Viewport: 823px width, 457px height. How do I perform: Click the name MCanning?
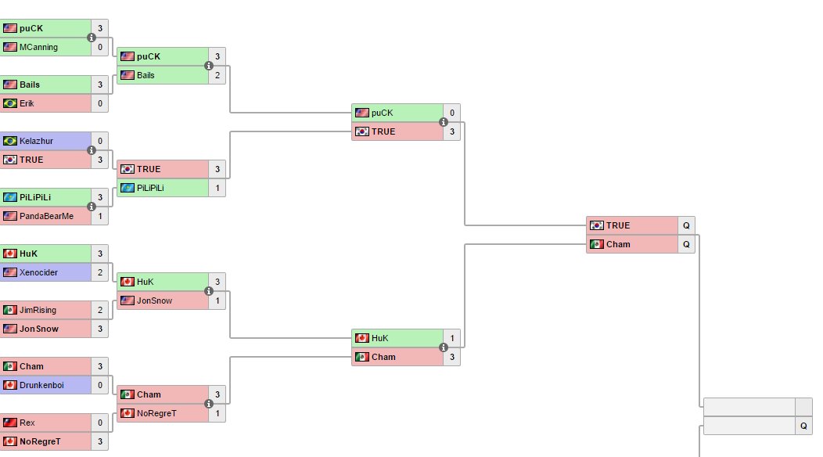tap(39, 47)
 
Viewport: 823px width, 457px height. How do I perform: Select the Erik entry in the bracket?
tap(27, 103)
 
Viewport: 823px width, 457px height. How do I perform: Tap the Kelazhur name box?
tap(37, 141)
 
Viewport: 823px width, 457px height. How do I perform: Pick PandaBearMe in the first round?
tap(46, 216)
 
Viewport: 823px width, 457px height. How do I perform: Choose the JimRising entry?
tap(38, 310)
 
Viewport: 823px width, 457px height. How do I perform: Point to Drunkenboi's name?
tap(42, 385)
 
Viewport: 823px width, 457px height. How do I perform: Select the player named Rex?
tap(27, 423)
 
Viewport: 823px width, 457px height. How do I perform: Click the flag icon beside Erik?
tap(10, 103)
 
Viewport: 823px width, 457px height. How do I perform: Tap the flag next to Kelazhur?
tap(10, 141)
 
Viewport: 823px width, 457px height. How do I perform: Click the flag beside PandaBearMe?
tap(10, 216)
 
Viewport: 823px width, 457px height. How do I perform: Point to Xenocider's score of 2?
tap(100, 272)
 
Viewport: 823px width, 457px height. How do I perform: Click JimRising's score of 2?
tap(100, 310)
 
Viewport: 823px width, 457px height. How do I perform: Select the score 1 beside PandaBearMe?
tap(100, 216)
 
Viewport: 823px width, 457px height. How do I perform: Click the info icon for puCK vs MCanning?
tap(92, 38)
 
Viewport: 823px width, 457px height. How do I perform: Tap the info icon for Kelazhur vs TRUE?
tap(92, 150)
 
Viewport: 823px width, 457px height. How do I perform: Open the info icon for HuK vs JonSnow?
tap(209, 291)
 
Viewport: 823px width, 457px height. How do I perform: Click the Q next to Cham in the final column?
tap(686, 244)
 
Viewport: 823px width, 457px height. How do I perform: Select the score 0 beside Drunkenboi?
tap(100, 385)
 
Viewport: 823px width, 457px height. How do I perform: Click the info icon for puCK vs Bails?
tap(209, 66)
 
